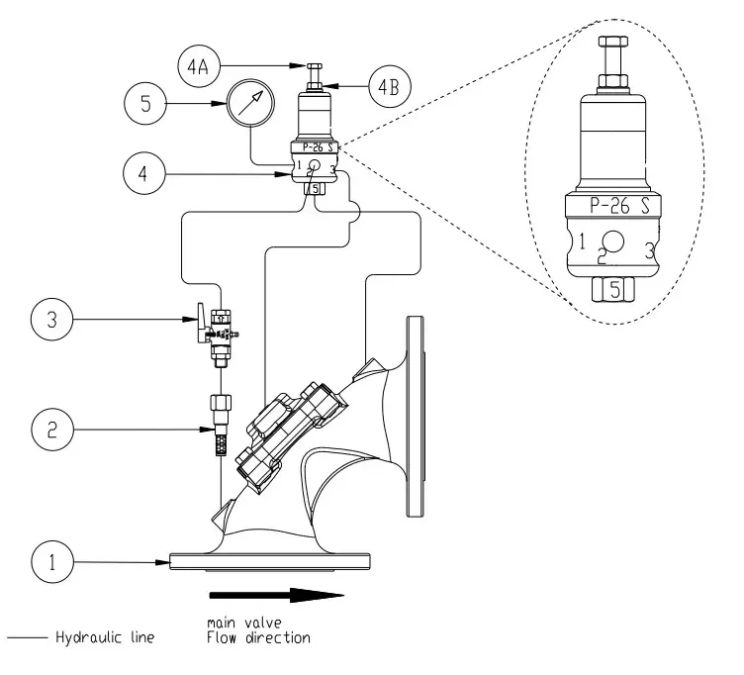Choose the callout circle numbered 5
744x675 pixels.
click(146, 103)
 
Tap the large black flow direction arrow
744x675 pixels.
click(276, 596)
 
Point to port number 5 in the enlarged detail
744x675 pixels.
click(613, 289)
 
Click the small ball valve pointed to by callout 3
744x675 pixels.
click(220, 327)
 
